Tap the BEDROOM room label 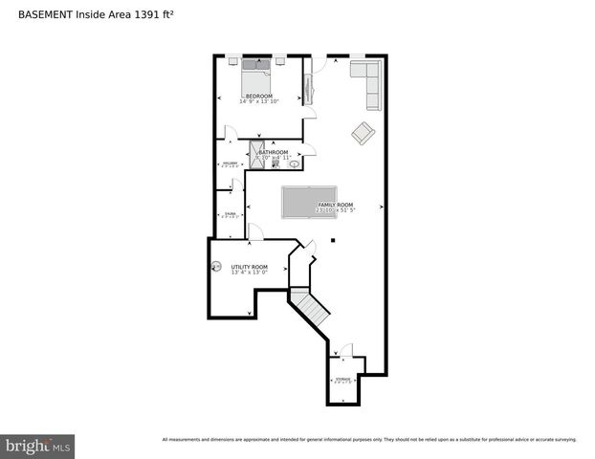coord(258,97)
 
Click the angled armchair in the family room coord(363,133)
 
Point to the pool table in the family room coord(309,202)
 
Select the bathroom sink coord(295,164)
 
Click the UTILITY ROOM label coord(249,267)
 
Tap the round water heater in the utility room coord(215,267)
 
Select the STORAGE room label coord(342,380)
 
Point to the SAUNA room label coord(230,214)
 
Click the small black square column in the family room coord(332,240)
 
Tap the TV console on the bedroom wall coord(307,84)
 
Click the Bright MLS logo coord(37,446)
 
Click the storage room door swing coord(346,351)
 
